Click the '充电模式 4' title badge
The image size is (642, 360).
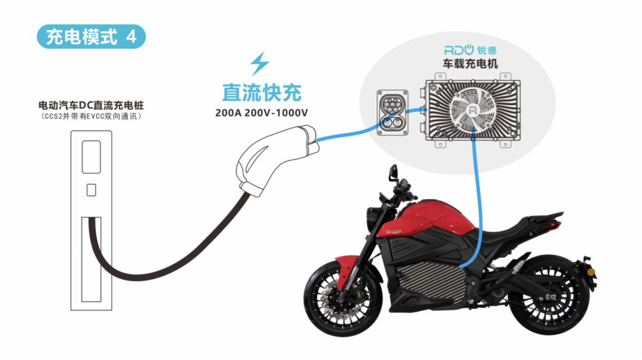pyautogui.click(x=91, y=36)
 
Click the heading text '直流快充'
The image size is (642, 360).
pyautogui.click(x=262, y=92)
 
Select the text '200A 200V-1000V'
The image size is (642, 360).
pyautogui.click(x=262, y=112)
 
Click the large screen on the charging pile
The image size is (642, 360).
pyautogui.click(x=90, y=156)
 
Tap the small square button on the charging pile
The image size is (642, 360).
pyautogui.click(x=90, y=190)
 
